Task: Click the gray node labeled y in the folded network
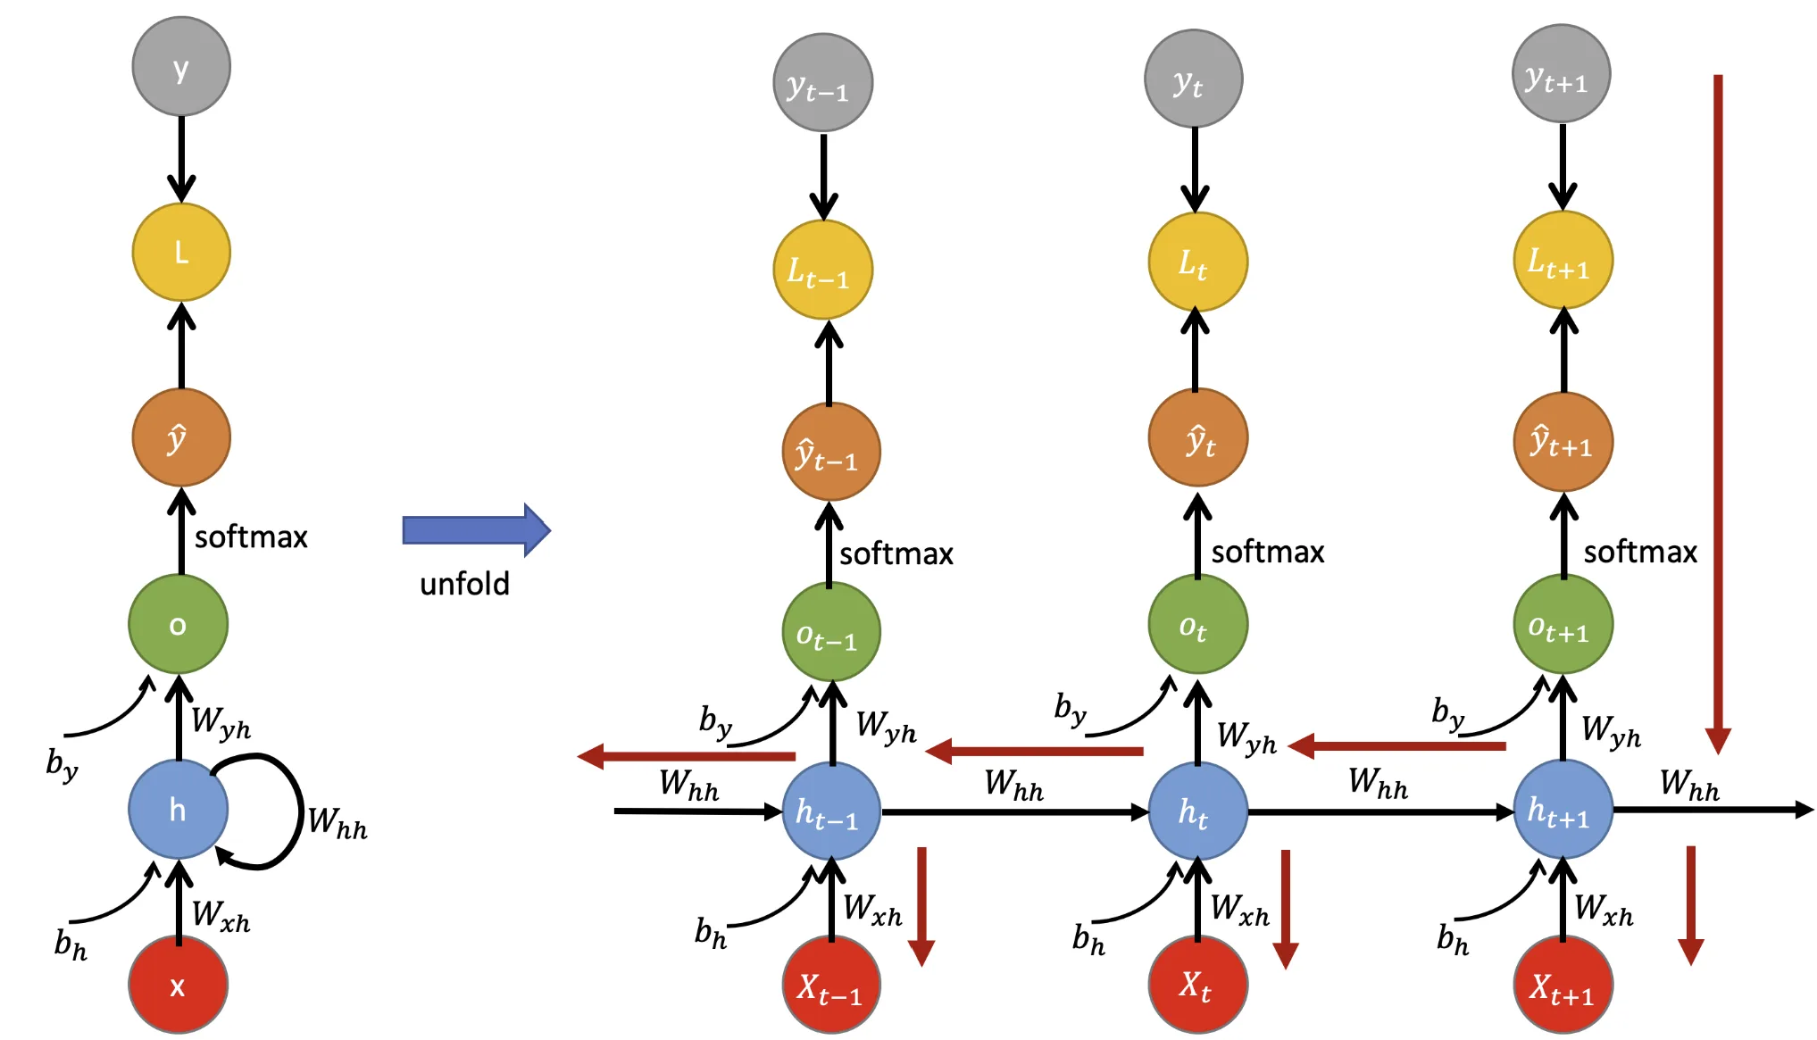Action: (x=181, y=66)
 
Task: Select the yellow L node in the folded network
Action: (x=181, y=253)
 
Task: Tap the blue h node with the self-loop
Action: (x=178, y=809)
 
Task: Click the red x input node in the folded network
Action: (x=178, y=985)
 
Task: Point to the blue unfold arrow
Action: (x=476, y=530)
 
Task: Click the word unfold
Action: (x=464, y=584)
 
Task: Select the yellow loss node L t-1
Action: (x=822, y=270)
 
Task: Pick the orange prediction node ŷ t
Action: (x=1197, y=438)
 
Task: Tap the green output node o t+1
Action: (x=1563, y=624)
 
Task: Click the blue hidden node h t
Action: (x=1197, y=811)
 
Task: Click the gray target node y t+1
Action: (x=1561, y=74)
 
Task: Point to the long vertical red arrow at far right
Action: (x=1717, y=411)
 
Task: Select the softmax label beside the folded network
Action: (x=251, y=537)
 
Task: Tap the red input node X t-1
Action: (x=831, y=986)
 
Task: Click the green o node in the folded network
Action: (x=178, y=624)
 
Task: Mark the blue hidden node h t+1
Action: (x=1563, y=811)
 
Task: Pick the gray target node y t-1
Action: (x=822, y=83)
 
